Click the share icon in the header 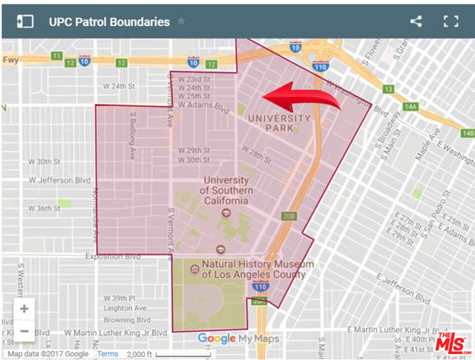(x=416, y=22)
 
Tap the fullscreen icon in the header (x=451, y=22)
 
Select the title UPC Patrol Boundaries (x=109, y=22)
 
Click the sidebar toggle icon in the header (x=25, y=22)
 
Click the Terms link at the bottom (x=108, y=354)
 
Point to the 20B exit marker (x=289, y=217)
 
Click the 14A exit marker (x=410, y=107)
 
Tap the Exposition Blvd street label (x=112, y=257)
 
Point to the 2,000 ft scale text (x=139, y=354)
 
